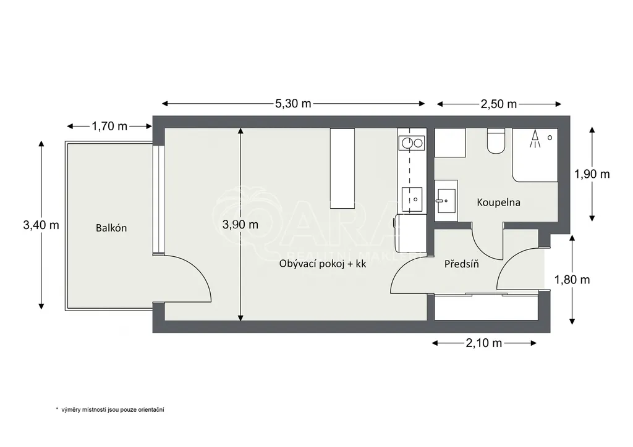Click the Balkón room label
111,228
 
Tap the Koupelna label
499,203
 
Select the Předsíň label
461,264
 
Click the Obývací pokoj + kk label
323,264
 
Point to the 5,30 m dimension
293,104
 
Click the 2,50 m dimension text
499,104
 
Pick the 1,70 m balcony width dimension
109,126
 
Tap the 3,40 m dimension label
41,225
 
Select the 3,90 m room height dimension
240,225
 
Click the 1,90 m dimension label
592,174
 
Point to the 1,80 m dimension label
572,279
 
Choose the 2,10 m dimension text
484,343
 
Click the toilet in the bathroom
496,141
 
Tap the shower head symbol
535,138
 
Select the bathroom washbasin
446,201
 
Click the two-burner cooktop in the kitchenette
411,143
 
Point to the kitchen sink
412,199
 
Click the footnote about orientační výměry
110,410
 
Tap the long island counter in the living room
342,169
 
